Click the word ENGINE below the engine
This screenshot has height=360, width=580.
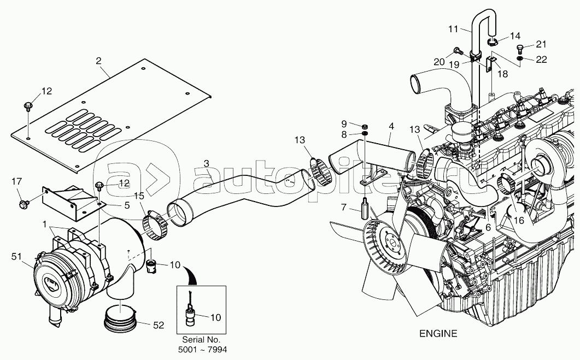coord(438,334)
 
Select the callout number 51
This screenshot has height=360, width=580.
coord(17,256)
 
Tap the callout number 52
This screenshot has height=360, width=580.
coord(159,325)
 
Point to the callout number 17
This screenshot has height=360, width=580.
coord(16,181)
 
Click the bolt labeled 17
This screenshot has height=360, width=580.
coord(24,203)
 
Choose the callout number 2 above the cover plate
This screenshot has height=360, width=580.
coord(98,61)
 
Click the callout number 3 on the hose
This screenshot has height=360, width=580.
coord(207,163)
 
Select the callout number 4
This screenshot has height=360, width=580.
coord(391,126)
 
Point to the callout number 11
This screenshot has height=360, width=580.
coord(453,29)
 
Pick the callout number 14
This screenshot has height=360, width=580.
coord(515,36)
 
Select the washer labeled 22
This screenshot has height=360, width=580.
coord(520,59)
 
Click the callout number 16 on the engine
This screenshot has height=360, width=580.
coord(519,221)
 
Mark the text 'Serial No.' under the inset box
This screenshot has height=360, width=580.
coord(201,340)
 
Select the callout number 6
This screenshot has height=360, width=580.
coord(488,228)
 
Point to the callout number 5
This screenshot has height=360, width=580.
coord(127,205)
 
